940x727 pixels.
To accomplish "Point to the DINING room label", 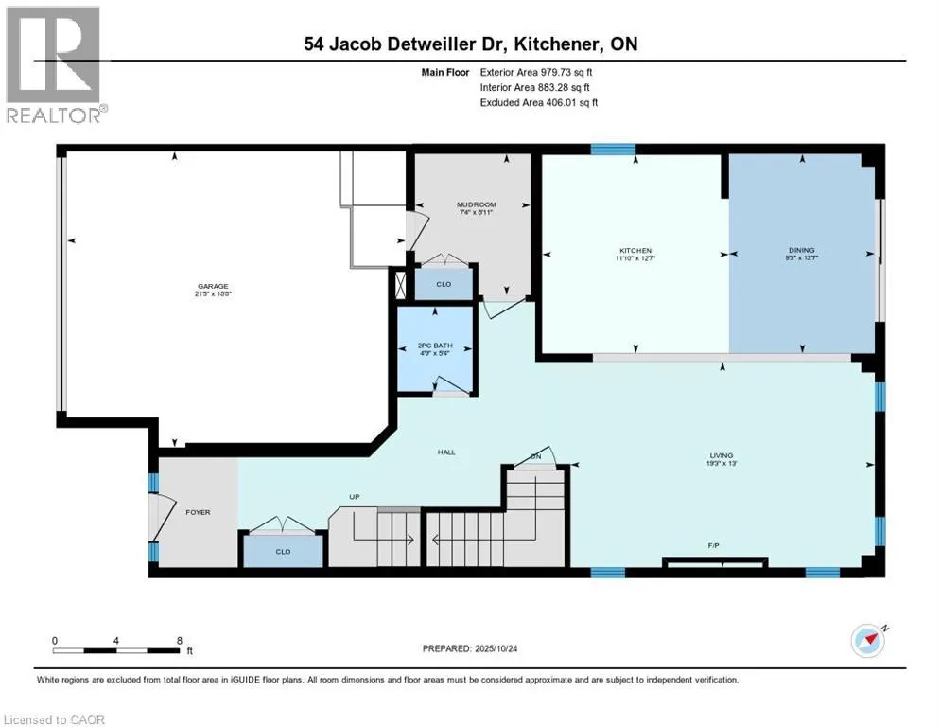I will pyautogui.click(x=802, y=251).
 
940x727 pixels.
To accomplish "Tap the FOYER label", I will pyautogui.click(x=197, y=512).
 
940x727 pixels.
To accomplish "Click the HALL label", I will pyautogui.click(x=446, y=452).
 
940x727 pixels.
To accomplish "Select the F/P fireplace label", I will pyautogui.click(x=713, y=546).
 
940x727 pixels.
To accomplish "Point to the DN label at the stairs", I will pyautogui.click(x=535, y=456).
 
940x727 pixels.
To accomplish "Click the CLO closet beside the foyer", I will pyautogui.click(x=283, y=551).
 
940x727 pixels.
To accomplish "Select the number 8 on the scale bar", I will pyautogui.click(x=179, y=640).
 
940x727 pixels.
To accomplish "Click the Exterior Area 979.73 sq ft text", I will pyautogui.click(x=537, y=71).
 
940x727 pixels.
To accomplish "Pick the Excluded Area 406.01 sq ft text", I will pyautogui.click(x=539, y=102).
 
